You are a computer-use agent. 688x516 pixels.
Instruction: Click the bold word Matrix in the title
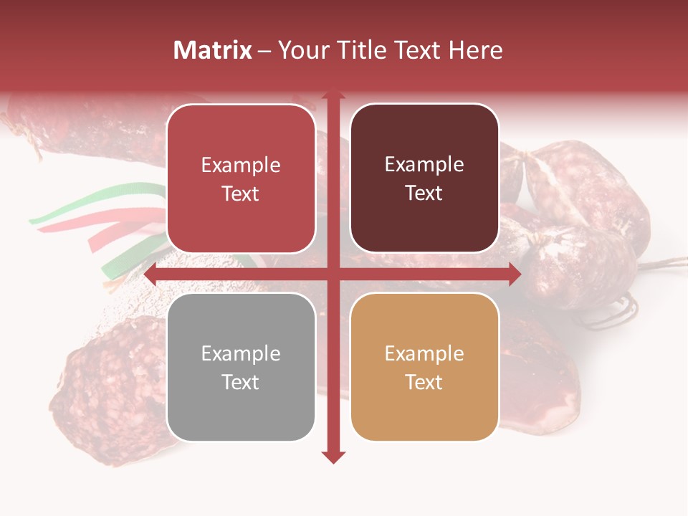(x=213, y=50)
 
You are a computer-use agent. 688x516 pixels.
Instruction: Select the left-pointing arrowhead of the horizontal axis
(x=151, y=274)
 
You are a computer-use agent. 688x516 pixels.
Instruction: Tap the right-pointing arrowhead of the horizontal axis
(x=514, y=274)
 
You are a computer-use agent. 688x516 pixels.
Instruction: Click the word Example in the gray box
(x=241, y=353)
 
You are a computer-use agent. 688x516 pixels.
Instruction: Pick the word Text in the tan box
(x=424, y=382)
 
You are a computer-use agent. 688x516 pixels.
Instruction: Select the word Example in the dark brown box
(x=424, y=165)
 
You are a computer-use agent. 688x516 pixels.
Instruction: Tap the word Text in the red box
(x=241, y=193)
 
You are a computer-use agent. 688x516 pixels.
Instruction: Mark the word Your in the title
(x=302, y=50)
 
